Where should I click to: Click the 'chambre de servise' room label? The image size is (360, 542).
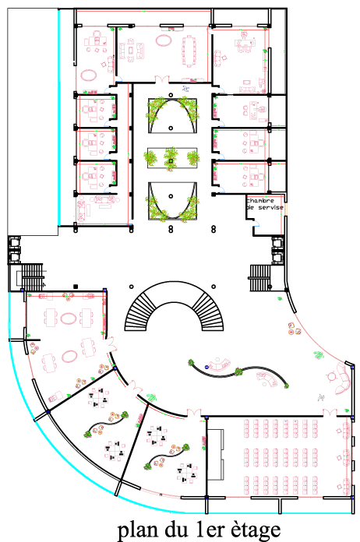[x=265, y=204]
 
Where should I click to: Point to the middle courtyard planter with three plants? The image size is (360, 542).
[x=172, y=158]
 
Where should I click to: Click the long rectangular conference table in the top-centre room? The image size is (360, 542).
[x=189, y=51]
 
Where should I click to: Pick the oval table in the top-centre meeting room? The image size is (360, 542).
[x=164, y=40]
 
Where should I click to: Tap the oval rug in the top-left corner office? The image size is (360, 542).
[x=89, y=75]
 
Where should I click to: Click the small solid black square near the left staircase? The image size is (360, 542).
[x=76, y=287]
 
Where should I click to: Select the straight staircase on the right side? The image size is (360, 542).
[x=260, y=278]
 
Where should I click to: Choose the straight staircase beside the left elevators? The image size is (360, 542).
[x=32, y=277]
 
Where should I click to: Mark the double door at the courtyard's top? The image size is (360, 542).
[x=162, y=79]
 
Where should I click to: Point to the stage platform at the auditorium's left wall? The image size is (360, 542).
[x=215, y=454]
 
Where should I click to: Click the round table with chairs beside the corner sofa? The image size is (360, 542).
[x=331, y=375]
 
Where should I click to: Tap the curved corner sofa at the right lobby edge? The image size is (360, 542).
[x=344, y=379]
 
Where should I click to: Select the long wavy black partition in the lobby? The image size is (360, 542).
[x=238, y=373]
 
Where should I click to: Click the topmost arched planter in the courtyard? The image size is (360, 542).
[x=172, y=115]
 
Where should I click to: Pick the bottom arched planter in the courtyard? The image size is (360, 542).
[x=172, y=201]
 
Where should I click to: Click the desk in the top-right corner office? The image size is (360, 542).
[x=245, y=44]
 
